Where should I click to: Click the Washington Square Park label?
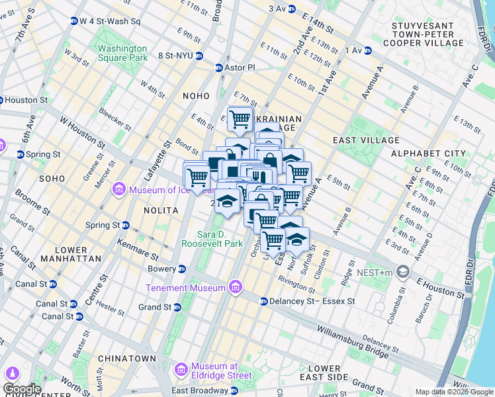click(x=122, y=53)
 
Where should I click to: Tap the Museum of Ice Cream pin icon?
click(x=119, y=190)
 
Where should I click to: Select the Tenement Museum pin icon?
click(x=235, y=287)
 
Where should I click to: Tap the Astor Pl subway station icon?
click(x=219, y=67)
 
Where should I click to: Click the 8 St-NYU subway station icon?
click(x=199, y=56)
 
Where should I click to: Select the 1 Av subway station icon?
click(x=368, y=50)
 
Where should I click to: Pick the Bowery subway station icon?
click(x=182, y=269)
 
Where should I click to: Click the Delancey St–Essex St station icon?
click(x=263, y=301)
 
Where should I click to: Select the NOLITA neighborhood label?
click(x=161, y=210)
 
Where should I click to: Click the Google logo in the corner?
click(x=22, y=389)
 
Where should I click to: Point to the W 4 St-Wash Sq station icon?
click(x=74, y=21)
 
